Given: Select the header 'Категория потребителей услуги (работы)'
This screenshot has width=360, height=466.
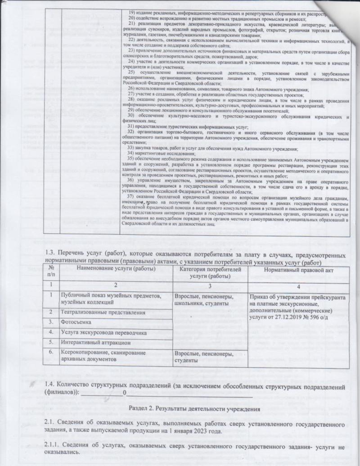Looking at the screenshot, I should click(209, 272).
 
